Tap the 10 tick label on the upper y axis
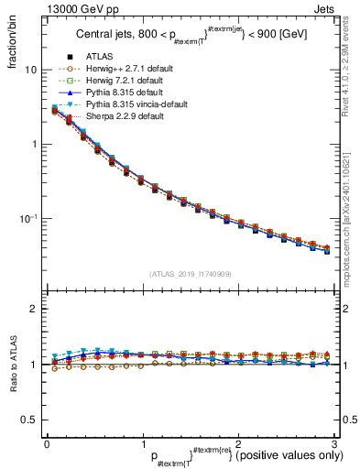coord(30,71)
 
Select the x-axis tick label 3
coord(335,444)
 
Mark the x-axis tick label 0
coord(47,444)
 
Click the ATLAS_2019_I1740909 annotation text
coord(191,274)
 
